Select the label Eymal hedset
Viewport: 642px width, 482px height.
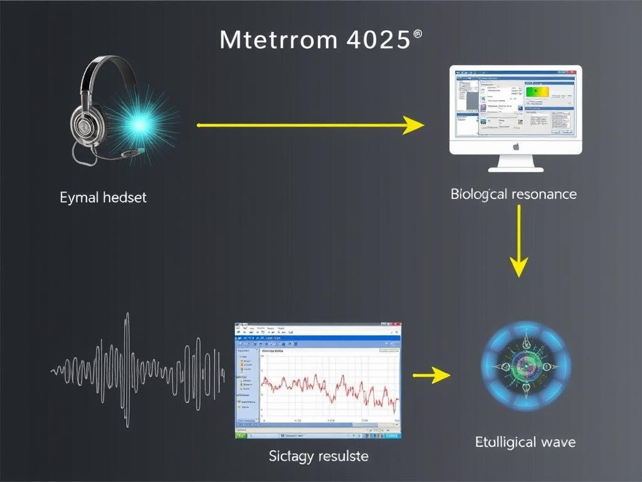pyautogui.click(x=103, y=197)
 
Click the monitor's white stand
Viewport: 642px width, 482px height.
pyautogui.click(x=515, y=163)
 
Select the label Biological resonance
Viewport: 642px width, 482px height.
pyautogui.click(x=513, y=194)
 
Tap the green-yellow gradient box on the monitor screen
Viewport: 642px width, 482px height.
pyautogui.click(x=537, y=92)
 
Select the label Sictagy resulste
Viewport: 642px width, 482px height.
pyautogui.click(x=318, y=456)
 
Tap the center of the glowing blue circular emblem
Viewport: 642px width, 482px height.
pyautogui.click(x=525, y=367)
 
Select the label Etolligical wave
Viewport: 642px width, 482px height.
pyautogui.click(x=525, y=442)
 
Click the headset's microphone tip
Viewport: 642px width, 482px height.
pyautogui.click(x=142, y=150)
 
